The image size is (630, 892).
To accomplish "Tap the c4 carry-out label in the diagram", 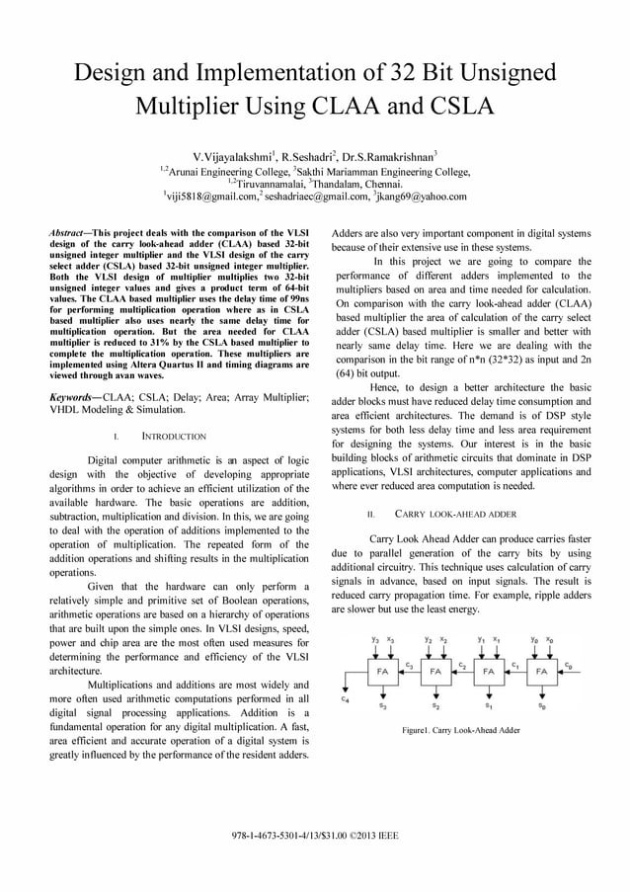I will (344, 699).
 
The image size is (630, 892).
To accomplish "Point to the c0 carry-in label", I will (568, 665).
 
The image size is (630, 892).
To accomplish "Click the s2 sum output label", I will (435, 706).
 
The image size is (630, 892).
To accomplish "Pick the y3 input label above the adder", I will (375, 639).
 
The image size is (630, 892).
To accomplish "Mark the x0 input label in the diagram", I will (548, 639).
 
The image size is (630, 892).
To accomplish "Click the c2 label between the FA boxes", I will (461, 665).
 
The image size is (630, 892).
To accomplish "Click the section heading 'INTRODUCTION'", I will (174, 436).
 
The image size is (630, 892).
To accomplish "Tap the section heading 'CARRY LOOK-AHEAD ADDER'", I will (455, 515).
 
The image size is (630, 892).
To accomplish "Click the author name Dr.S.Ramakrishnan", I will (390, 156).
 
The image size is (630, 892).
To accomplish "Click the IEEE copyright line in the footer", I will (314, 835).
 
